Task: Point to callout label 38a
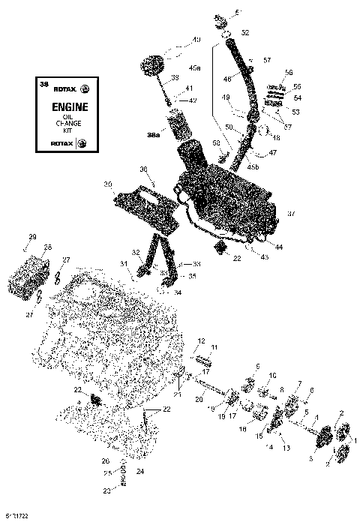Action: coord(153,136)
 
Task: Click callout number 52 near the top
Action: coord(244,33)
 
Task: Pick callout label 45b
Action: coord(253,165)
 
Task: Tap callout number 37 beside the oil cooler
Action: coord(291,214)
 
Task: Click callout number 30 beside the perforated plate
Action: coord(107,184)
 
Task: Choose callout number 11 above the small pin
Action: coord(213,347)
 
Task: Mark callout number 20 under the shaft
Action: coord(199,399)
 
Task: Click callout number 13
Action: coord(285,448)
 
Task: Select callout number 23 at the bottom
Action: coord(106,491)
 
